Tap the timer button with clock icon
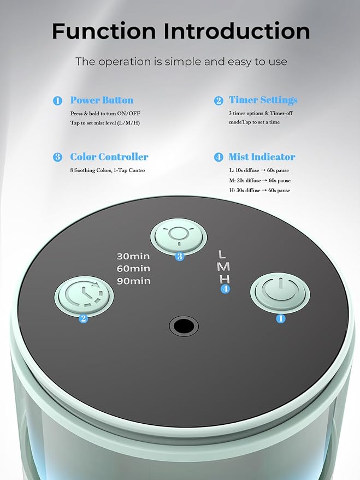pos(84,295)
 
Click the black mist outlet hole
pos(184,326)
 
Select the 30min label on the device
pos(133,256)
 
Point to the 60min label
pos(133,269)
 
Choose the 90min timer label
pos(133,281)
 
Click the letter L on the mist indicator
pos(222,254)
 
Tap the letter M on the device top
pos(223,266)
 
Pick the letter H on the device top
pos(225,279)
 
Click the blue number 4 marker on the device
pos(225,289)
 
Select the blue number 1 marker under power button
pos(281,319)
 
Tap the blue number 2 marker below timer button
pos(83,319)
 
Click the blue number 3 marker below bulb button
pos(180,257)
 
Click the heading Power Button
pos(102,100)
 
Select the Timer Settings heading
pos(263,100)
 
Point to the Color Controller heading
pos(109,157)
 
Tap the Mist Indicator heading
pos(262,157)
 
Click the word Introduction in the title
pos(237,31)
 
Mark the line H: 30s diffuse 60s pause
pos(259,191)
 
